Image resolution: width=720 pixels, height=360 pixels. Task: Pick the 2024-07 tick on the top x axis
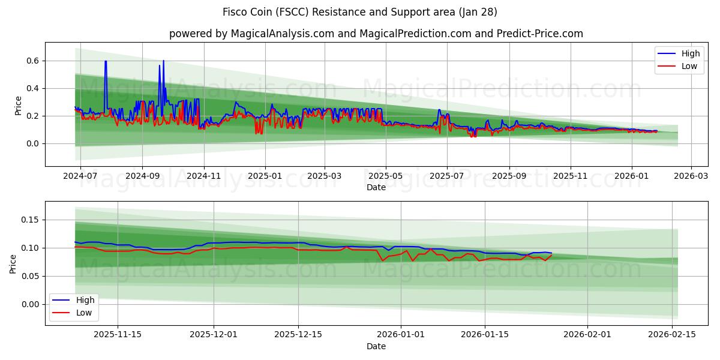pos(80,176)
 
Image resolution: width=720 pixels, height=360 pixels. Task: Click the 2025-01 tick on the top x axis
pos(265,176)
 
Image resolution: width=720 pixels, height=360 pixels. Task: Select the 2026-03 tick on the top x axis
pos(691,176)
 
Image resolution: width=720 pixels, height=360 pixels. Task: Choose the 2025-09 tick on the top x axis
pos(509,176)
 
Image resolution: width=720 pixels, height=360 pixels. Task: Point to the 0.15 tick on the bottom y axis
pos(31,220)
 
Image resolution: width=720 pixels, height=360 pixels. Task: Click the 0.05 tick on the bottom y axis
pos(31,276)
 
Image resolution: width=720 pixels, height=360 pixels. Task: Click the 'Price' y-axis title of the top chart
pos(18,106)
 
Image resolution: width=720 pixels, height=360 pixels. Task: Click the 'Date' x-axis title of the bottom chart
pos(376,346)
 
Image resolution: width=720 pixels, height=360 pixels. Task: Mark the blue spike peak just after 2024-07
pos(106,61)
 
